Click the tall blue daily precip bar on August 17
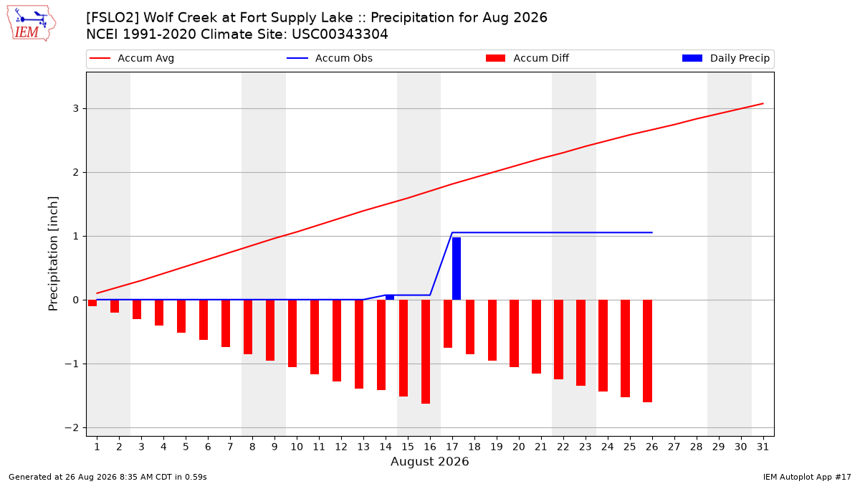click(457, 268)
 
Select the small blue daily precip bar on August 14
click(390, 298)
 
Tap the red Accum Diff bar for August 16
click(426, 351)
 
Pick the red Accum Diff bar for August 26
click(647, 351)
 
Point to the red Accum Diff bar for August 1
click(92, 303)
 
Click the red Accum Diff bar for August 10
click(292, 333)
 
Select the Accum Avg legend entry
click(132, 58)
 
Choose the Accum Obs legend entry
click(330, 58)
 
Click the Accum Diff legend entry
click(527, 58)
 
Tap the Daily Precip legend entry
click(725, 58)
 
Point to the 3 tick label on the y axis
click(76, 109)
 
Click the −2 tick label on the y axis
click(72, 427)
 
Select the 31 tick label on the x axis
click(763, 447)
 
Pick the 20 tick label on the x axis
click(519, 447)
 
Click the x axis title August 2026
click(429, 461)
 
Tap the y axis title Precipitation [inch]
click(53, 254)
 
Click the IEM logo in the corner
click(31, 24)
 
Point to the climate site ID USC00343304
click(340, 34)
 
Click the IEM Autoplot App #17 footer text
click(807, 477)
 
